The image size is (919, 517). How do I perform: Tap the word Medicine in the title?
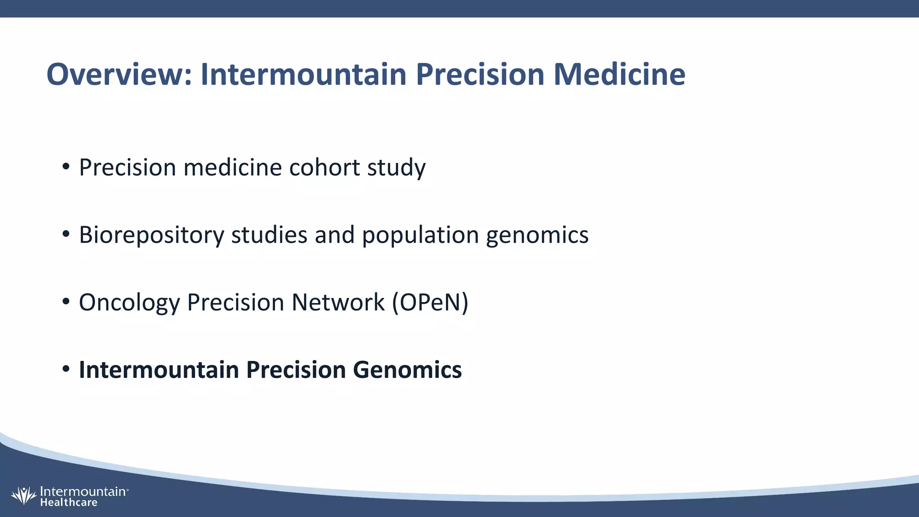[619, 74]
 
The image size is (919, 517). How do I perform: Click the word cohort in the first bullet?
[324, 167]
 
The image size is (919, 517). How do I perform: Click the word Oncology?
[129, 303]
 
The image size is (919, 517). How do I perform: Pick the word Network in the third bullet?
[338, 302]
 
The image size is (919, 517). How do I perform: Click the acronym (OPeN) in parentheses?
[430, 302]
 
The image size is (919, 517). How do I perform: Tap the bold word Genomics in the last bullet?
[407, 370]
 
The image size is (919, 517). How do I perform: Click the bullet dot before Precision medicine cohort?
[66, 167]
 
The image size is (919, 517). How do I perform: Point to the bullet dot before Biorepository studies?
[66, 234]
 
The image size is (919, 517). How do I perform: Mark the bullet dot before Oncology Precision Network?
[66, 302]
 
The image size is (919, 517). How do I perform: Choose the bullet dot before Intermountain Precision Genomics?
[66, 369]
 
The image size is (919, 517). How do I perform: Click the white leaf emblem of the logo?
[23, 496]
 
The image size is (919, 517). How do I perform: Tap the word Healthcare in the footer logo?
[69, 503]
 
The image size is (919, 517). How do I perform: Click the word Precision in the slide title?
[480, 74]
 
